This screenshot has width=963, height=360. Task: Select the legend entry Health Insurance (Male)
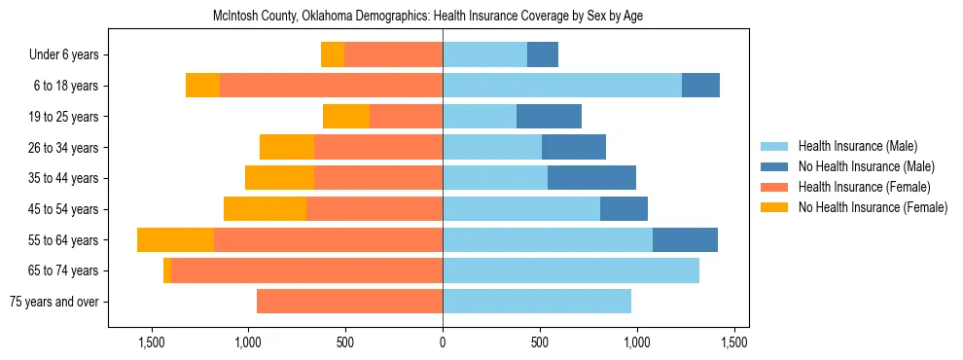click(x=857, y=146)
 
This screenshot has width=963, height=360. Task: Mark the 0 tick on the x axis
click(x=443, y=342)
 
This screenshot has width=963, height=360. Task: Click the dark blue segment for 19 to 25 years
click(x=549, y=117)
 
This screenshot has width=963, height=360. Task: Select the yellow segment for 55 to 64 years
click(x=175, y=240)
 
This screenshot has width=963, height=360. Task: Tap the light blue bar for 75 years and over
click(x=537, y=302)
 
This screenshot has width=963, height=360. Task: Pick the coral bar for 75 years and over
click(x=349, y=302)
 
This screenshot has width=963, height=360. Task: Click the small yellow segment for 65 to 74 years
click(x=167, y=270)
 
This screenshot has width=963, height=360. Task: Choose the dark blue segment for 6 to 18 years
click(x=700, y=86)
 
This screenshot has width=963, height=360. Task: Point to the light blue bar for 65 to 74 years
click(x=571, y=270)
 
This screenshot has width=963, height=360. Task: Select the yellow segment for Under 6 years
click(x=333, y=55)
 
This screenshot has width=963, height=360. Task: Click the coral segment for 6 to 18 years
click(x=331, y=86)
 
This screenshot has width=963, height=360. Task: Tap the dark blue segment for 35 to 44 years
click(x=591, y=178)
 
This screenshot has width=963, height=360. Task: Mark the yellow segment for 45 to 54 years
click(x=265, y=209)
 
